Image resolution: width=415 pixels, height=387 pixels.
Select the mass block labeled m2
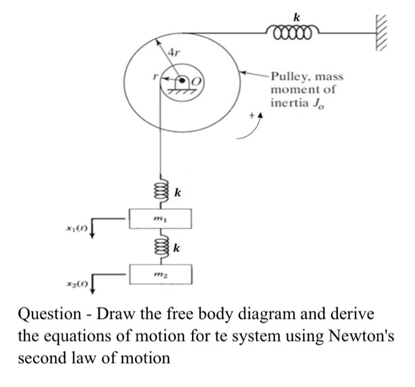(161, 273)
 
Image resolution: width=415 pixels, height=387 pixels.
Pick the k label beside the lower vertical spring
(177, 247)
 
